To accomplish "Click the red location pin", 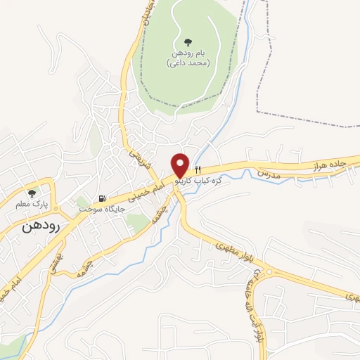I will [x=181, y=164].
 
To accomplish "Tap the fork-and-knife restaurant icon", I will [x=198, y=169].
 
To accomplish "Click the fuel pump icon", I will [x=104, y=198].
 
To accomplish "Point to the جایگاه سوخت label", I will [x=102, y=210].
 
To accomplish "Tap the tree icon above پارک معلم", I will [x=32, y=193].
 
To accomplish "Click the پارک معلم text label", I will [x=32, y=205].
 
